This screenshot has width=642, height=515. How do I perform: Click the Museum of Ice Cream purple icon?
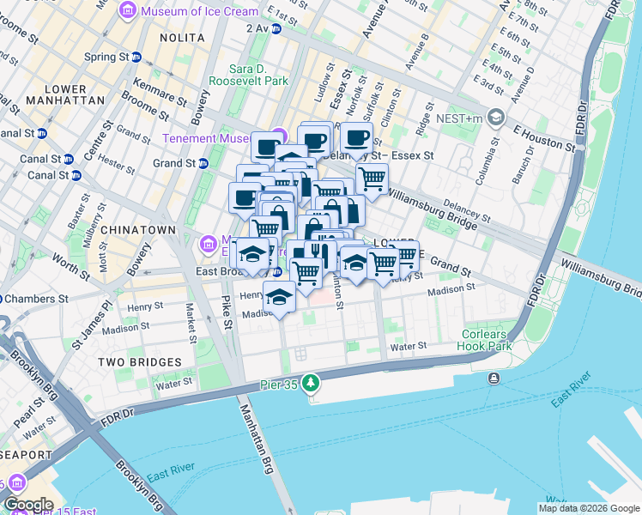pos(128,11)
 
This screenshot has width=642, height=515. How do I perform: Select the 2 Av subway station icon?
pos(276,28)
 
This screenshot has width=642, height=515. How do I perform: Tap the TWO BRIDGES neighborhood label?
pos(139,362)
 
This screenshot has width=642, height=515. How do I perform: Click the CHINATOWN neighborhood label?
pos(137,230)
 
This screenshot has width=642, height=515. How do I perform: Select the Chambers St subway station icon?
pos(0,299)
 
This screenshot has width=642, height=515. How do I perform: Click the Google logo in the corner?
pos(27,505)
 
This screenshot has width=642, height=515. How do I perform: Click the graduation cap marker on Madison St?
pos(279,296)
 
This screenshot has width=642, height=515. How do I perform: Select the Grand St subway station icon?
pos(203,163)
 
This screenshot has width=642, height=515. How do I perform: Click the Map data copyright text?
pos(589,508)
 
